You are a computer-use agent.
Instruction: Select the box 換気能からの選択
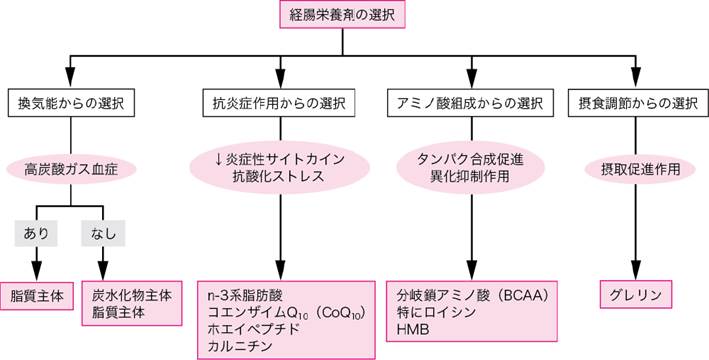click(x=69, y=103)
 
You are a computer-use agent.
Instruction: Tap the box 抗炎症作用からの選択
click(x=279, y=103)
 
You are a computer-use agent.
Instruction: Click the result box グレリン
click(x=634, y=295)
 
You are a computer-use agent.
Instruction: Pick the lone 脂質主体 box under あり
click(x=36, y=296)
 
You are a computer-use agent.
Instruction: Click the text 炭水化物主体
click(x=132, y=295)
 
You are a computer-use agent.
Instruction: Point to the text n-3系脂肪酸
click(x=243, y=295)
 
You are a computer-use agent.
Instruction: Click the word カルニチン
click(x=237, y=346)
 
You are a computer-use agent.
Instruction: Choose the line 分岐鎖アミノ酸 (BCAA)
click(x=470, y=295)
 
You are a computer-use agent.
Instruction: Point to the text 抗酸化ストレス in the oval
click(x=279, y=176)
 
